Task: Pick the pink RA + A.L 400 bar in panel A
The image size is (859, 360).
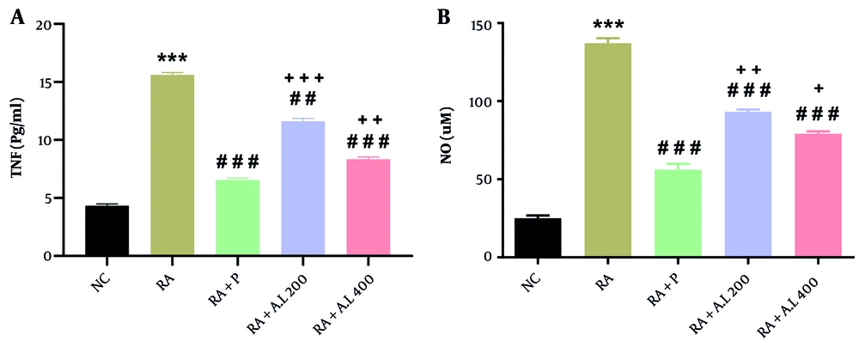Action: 368,207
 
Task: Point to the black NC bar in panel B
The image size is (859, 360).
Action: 537,237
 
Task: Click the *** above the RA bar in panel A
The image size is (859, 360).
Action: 172,60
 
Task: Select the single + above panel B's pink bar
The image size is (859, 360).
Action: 818,88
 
